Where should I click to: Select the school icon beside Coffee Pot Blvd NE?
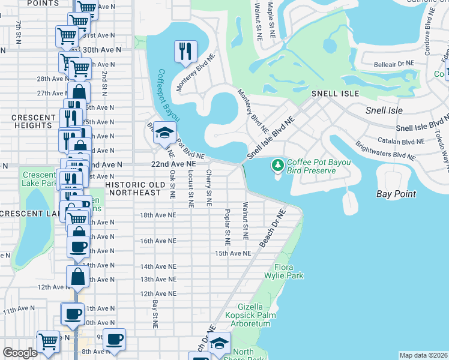163,133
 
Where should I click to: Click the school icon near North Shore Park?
220,343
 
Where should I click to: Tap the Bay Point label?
396,194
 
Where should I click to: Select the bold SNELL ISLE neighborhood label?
335,94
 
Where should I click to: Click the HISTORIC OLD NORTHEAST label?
133,188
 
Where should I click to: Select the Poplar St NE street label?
228,228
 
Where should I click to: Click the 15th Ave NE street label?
233,254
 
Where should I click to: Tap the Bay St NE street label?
155,314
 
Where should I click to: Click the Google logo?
20,353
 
